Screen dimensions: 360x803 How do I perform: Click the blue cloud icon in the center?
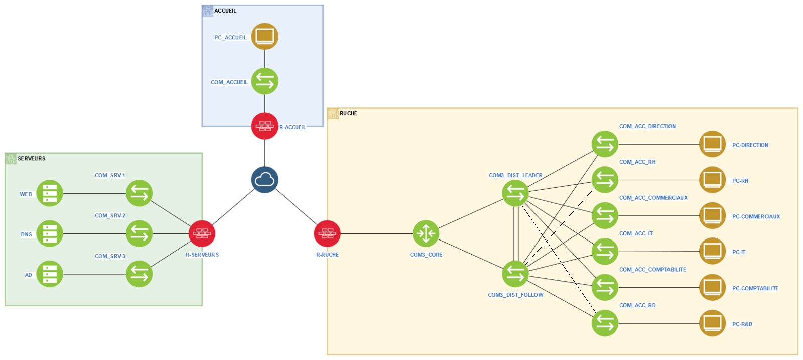264,180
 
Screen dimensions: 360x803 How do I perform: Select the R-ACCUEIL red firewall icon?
264,126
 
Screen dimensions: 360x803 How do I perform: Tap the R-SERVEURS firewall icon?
202,233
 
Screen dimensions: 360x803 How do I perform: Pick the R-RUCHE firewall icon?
327,233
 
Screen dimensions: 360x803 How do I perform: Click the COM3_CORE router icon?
426,233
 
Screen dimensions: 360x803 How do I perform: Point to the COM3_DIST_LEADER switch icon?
515,193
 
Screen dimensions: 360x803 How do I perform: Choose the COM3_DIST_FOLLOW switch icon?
515,274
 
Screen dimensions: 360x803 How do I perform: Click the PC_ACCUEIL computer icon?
264,36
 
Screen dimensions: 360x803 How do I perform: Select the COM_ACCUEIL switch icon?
264,81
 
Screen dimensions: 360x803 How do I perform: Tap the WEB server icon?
50,193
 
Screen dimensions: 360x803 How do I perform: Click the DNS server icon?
50,233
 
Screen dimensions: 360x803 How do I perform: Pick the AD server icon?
50,274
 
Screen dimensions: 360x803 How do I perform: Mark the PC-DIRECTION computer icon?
712,144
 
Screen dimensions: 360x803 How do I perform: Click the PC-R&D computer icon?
712,323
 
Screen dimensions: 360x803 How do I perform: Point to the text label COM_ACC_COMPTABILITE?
652,270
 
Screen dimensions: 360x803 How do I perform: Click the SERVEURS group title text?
32,159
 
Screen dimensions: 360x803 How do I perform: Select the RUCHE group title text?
348,114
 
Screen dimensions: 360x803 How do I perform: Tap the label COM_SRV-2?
110,216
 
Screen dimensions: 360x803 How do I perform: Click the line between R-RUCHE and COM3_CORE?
376,233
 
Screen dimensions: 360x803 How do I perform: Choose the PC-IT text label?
739,252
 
